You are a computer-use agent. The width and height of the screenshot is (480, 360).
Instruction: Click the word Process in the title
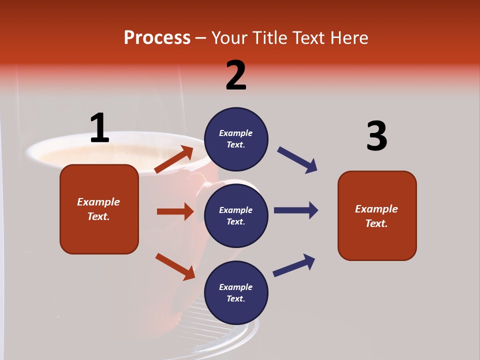point(157,38)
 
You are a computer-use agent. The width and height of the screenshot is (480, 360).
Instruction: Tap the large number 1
point(99,128)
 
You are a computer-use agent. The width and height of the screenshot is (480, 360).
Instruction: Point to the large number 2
point(236,75)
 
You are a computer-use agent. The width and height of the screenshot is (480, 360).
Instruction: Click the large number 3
point(376,136)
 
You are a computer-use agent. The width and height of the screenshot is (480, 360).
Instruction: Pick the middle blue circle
point(236,215)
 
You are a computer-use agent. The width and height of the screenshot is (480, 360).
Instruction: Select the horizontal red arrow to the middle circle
point(175,211)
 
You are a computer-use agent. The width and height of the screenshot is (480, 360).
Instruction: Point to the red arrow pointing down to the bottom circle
point(175,266)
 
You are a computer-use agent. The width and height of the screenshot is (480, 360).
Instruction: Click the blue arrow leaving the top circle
point(297,160)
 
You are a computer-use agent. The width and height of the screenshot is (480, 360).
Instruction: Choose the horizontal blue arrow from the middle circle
point(295,210)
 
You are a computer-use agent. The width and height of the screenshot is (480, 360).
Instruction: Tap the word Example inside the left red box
point(98,202)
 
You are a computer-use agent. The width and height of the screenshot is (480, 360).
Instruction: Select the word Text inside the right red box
point(376,223)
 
